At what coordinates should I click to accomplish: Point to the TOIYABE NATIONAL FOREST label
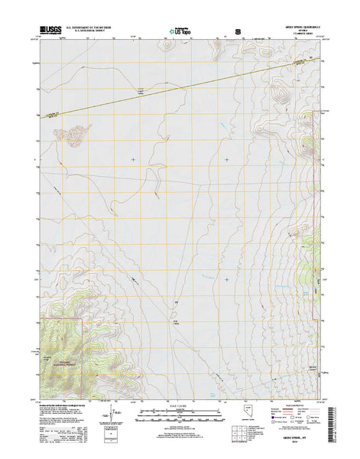coord(56,343)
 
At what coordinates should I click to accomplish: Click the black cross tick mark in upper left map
coord(134,159)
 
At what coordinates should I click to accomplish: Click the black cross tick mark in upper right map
coord(227,159)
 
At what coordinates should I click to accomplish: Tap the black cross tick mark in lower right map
coord(227,279)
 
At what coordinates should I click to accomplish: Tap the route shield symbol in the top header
coord(238,32)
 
